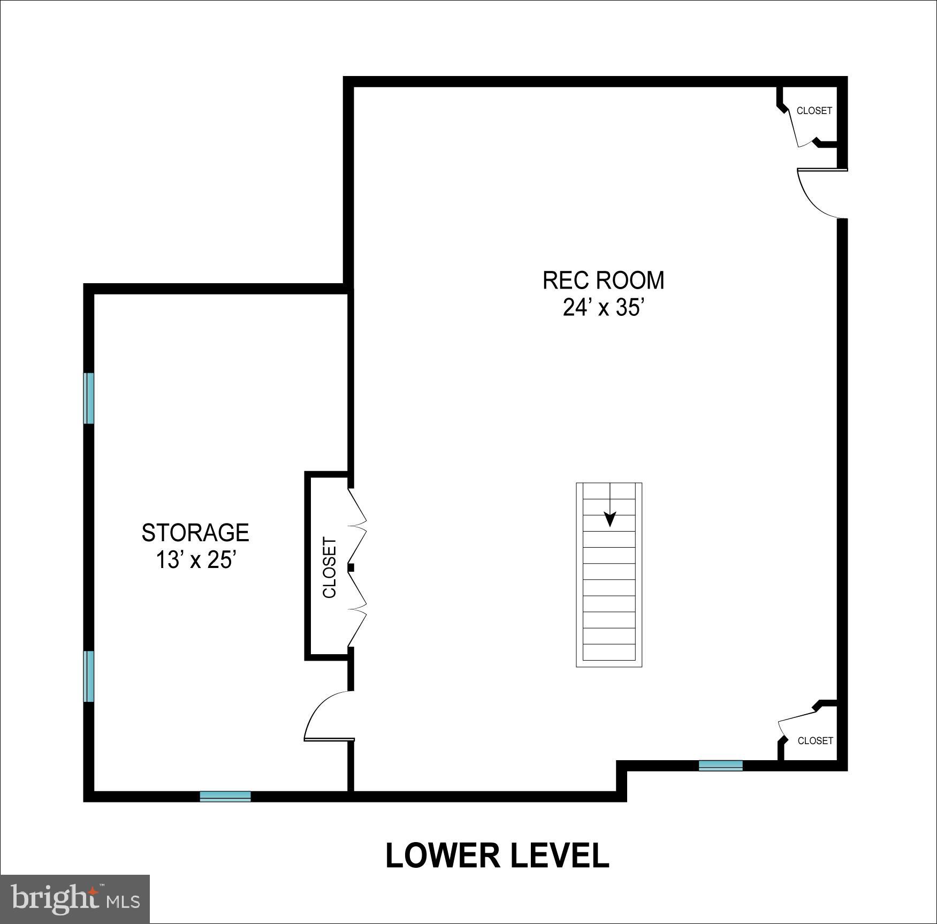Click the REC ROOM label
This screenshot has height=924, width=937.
pos(603,281)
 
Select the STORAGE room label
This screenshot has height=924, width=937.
pos(195,533)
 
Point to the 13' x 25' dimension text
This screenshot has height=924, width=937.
pos(196,560)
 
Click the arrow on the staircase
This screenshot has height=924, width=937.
pos(610,518)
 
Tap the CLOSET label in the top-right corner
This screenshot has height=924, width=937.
pos(814,111)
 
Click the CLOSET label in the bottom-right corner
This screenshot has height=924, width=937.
pos(815,740)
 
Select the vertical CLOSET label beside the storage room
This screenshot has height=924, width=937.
pos(329,567)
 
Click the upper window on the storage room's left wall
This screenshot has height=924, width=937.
pos(89,398)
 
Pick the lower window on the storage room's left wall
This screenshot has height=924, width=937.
pos(89,676)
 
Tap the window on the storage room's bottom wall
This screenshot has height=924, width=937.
pos(225,796)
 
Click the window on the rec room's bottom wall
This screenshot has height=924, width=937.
pos(721,766)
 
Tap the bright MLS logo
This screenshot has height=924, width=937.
pos(75,899)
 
